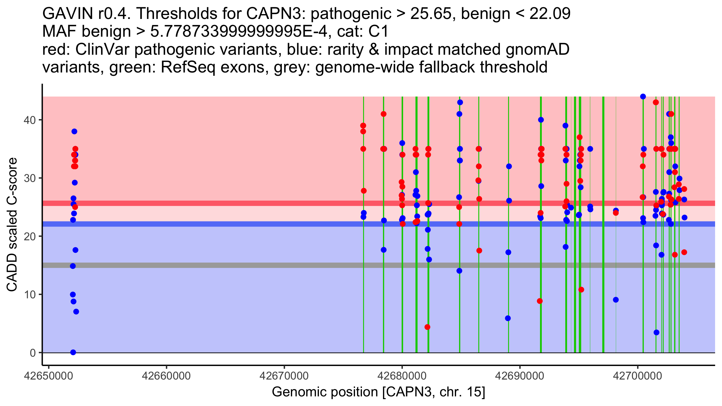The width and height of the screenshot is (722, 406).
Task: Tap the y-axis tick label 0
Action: coord(32,353)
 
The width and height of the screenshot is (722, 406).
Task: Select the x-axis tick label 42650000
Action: coord(48,376)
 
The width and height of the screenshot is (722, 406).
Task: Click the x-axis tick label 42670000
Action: coord(284,376)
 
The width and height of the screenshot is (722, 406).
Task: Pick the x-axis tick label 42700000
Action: coord(637,376)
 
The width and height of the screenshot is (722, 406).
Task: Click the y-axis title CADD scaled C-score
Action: coord(12,225)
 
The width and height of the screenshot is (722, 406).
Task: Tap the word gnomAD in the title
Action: coord(537,49)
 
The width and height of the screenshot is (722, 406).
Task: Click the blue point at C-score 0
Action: coord(73,352)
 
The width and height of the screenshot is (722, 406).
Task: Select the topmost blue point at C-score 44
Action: coord(643,97)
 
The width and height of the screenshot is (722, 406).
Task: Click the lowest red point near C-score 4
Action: coord(427,327)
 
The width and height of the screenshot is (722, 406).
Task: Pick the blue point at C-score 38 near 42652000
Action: coord(74,131)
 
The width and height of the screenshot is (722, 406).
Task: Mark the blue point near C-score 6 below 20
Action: coord(508,318)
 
